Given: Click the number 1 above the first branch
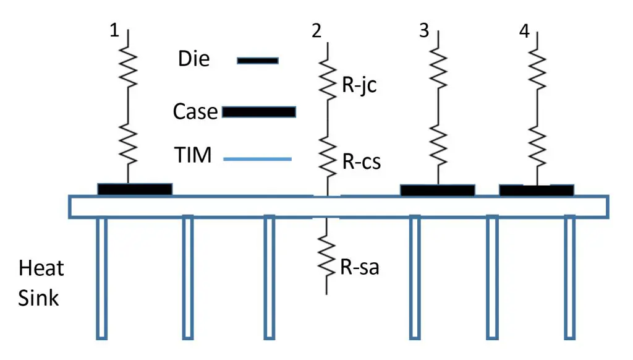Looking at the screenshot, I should (114, 32).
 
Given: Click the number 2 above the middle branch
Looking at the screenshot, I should (316, 32).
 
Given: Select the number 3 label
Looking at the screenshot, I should (423, 32).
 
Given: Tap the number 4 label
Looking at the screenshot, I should (525, 32).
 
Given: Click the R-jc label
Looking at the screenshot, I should (359, 85).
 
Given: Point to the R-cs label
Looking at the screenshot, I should (361, 162).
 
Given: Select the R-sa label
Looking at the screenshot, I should (359, 268).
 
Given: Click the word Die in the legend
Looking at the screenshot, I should (193, 59).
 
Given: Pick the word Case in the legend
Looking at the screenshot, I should (195, 112).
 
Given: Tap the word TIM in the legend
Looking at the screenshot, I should (193, 156).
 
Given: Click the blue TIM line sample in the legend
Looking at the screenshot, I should (257, 160).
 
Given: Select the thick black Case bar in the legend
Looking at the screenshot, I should (258, 112).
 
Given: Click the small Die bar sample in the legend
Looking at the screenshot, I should (258, 61).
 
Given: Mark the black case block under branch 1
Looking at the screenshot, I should (135, 189).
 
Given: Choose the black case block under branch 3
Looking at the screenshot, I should (438, 190).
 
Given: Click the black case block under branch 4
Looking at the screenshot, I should (536, 190).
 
